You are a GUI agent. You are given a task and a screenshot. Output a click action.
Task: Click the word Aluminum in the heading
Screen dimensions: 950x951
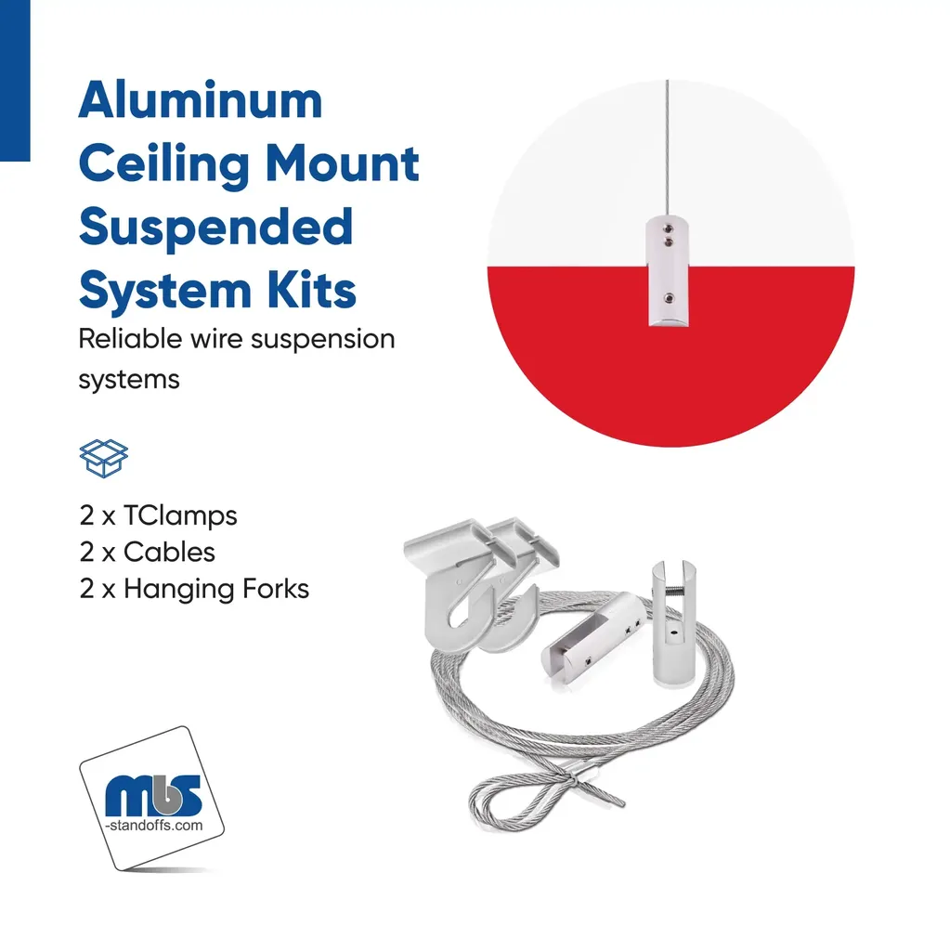coord(201,100)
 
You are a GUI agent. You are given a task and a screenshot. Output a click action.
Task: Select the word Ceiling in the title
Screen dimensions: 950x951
coord(163,165)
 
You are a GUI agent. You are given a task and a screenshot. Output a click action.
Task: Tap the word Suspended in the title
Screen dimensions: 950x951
coord(216,227)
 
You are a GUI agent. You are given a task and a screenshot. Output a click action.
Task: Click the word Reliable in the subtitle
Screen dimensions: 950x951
coord(130,338)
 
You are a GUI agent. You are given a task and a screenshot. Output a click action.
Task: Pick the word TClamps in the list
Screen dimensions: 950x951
coord(180,516)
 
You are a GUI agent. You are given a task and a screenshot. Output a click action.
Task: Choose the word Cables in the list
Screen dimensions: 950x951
coord(169,553)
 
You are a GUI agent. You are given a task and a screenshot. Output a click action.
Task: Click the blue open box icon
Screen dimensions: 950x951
coord(104,459)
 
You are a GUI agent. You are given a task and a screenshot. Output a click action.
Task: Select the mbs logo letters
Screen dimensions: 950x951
coord(153,795)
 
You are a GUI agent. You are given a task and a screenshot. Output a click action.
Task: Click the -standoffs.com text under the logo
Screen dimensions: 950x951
coord(154,826)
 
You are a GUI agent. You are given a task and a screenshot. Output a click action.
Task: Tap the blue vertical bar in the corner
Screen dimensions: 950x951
coord(15,81)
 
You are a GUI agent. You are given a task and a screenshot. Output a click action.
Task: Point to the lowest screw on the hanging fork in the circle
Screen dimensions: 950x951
coord(669,298)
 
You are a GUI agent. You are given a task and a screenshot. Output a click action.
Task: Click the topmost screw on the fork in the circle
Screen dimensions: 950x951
coord(668,229)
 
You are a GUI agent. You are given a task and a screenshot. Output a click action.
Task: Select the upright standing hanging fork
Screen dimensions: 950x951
coord(674,623)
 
